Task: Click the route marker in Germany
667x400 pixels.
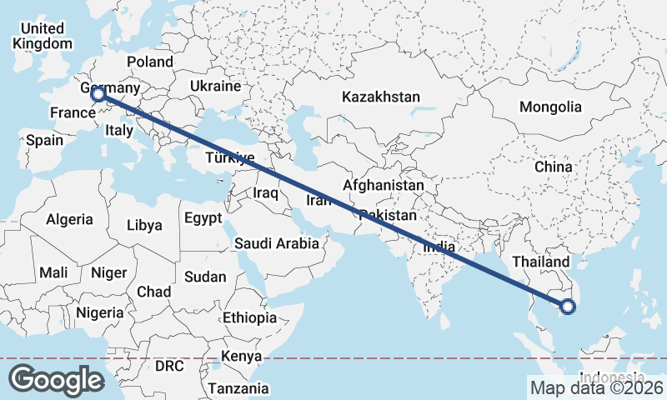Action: (x=98, y=95)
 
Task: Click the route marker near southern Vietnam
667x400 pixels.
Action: (x=568, y=307)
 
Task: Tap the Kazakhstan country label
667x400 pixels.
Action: (x=380, y=97)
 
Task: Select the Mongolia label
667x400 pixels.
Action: (x=549, y=107)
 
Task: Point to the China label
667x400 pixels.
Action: (x=554, y=167)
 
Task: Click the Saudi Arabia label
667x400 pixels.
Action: (x=276, y=244)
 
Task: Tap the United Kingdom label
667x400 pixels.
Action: (x=43, y=37)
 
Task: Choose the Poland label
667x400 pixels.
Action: (x=150, y=62)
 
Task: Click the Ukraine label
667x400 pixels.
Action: (x=215, y=86)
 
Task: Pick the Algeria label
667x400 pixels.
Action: (x=69, y=220)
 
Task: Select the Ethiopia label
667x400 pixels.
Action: (x=249, y=317)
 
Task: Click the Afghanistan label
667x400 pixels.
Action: (x=384, y=185)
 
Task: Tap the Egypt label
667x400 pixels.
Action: (x=203, y=219)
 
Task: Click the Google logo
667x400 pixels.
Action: (x=56, y=380)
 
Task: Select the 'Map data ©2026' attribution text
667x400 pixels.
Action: (x=597, y=387)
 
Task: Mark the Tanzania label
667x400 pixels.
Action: (x=238, y=388)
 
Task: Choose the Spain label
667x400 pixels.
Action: (x=44, y=140)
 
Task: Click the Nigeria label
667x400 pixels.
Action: (x=99, y=312)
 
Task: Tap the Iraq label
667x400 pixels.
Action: (x=264, y=192)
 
